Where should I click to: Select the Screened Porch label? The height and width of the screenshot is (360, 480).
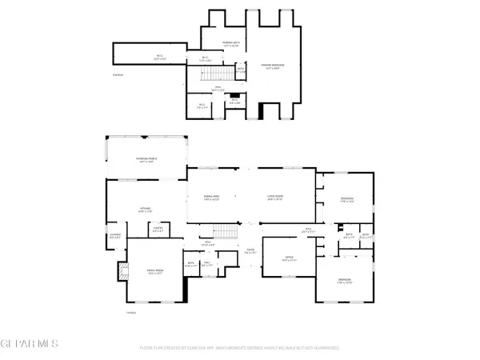pos(146,160)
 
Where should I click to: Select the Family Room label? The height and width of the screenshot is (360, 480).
pos(154,272)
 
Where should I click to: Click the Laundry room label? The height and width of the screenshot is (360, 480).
pos(114,236)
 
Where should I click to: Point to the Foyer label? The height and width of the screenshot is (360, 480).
pos(250,250)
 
